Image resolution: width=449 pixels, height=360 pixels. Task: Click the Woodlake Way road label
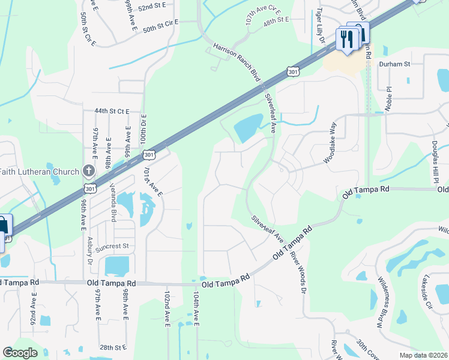click(x=330, y=144)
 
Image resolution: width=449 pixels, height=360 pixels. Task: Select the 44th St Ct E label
click(x=112, y=111)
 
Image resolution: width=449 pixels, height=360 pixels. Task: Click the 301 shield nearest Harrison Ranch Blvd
click(x=292, y=71)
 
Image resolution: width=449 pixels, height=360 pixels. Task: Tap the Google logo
click(x=20, y=353)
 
